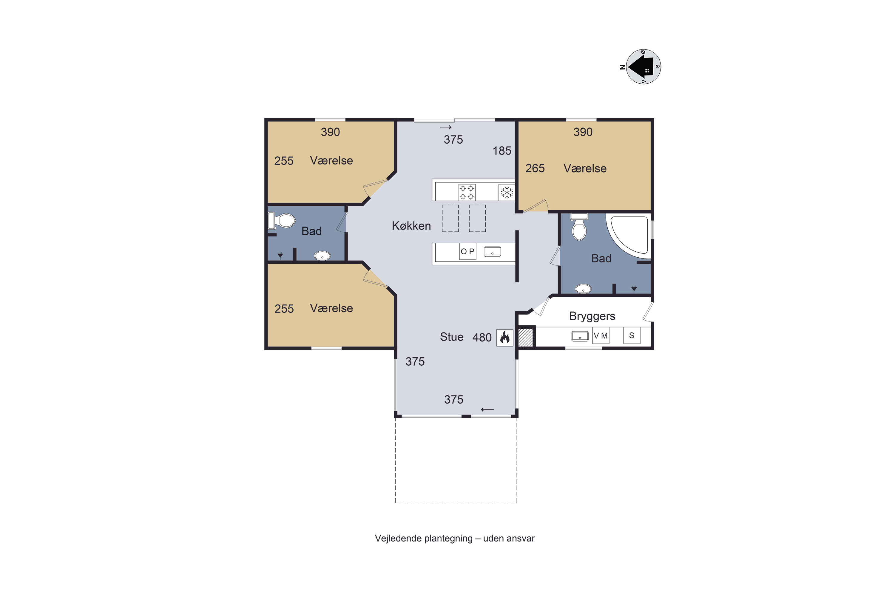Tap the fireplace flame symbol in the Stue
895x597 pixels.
[504, 337]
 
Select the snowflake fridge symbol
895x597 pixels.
[507, 192]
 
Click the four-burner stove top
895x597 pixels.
[467, 192]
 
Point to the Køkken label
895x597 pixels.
[411, 226]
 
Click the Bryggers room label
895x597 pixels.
[592, 316]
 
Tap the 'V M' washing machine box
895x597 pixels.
[601, 336]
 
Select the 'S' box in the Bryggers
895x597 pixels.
[632, 336]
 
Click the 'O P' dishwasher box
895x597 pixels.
[468, 252]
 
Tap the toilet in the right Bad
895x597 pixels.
[579, 227]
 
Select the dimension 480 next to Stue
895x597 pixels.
[482, 337]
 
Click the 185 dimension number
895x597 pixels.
[502, 151]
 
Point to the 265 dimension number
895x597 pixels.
[535, 168]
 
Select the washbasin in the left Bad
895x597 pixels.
[322, 256]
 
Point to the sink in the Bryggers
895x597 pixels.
[580, 336]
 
